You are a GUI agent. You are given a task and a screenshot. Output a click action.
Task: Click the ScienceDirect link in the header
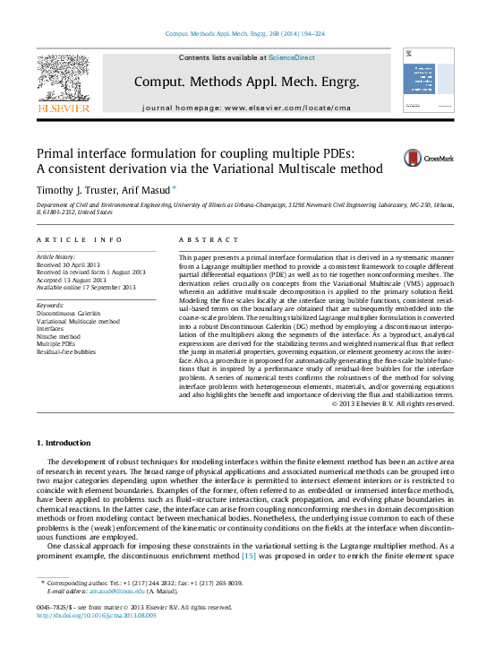point(292,57)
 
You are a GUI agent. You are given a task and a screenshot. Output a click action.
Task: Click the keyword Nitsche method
point(61,335)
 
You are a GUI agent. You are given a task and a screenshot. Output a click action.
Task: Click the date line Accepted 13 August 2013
point(79,280)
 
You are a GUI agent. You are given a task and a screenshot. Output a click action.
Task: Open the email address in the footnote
point(98,592)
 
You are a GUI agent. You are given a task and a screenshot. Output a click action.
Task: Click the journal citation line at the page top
point(243,34)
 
